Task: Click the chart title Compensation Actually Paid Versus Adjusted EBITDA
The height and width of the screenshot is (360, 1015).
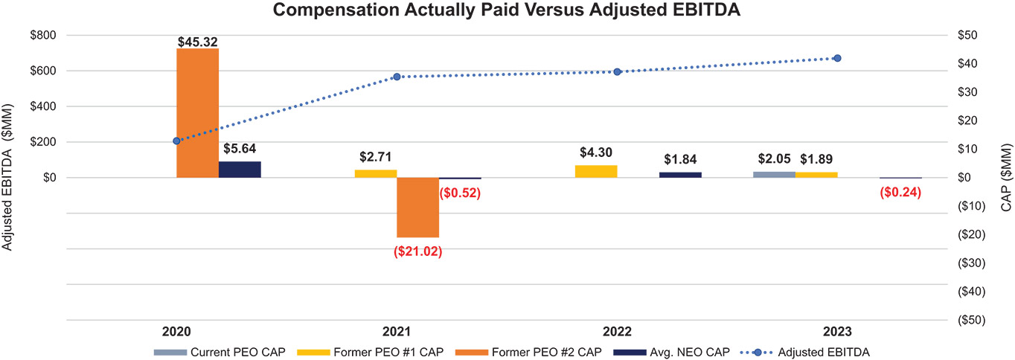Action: (507, 10)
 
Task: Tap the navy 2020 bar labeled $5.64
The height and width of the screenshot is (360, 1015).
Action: (240, 170)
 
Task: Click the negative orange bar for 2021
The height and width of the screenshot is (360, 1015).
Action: (417, 208)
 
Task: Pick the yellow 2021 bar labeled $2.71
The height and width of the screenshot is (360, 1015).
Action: (375, 174)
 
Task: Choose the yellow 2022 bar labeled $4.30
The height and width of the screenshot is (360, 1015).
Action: (596, 172)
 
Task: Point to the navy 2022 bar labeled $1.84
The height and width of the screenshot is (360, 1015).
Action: (680, 175)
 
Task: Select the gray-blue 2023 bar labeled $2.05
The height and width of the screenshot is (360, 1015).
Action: (774, 175)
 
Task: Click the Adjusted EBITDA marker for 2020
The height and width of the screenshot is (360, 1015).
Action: (176, 141)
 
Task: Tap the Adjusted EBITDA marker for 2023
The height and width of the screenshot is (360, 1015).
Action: (837, 58)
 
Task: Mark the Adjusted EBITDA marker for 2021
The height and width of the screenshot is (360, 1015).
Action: (397, 77)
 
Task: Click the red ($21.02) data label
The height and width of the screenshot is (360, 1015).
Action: (417, 251)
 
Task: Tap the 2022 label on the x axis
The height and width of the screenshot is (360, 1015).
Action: (616, 332)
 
